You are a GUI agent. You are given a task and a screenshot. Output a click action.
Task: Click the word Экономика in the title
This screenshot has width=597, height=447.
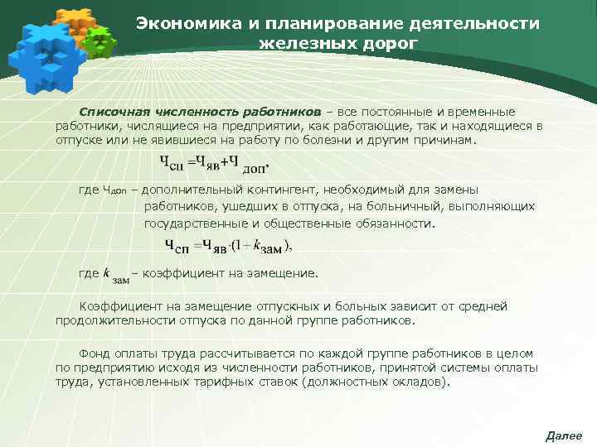[x=183, y=23]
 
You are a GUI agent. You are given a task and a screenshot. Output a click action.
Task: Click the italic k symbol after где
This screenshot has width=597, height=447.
[x=106, y=272]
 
